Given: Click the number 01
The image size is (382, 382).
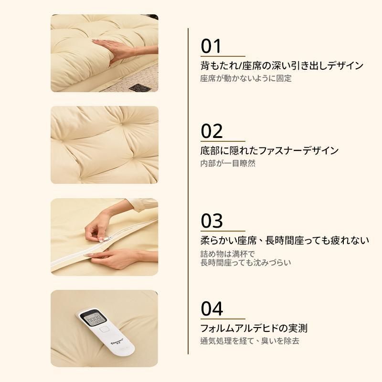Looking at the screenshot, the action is pos(211,46).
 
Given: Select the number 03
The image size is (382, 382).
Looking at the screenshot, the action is pos(212,221).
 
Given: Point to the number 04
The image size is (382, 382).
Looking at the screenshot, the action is pos(212,308).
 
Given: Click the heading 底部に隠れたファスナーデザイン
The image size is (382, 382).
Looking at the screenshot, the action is pos(269,150).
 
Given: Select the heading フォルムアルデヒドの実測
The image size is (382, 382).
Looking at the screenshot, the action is pos(254,328).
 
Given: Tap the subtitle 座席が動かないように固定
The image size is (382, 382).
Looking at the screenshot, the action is pos(246,78).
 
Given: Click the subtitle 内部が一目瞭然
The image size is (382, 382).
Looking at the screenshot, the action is pos(228,163).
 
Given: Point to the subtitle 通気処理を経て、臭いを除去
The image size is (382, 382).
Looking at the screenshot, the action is pos(250,340).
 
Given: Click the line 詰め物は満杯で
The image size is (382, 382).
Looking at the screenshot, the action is pos(228,254).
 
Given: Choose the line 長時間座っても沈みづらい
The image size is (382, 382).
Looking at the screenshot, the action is pos(245,263).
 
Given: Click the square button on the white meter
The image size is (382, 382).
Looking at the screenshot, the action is pos(105,329).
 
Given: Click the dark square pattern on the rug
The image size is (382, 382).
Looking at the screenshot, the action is pos(139,87).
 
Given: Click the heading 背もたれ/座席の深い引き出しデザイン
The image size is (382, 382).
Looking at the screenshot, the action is pos(282,66).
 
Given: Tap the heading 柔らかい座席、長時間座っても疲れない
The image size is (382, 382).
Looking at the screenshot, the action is pos(285,241).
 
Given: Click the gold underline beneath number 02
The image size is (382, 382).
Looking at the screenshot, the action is pos(223,141).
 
